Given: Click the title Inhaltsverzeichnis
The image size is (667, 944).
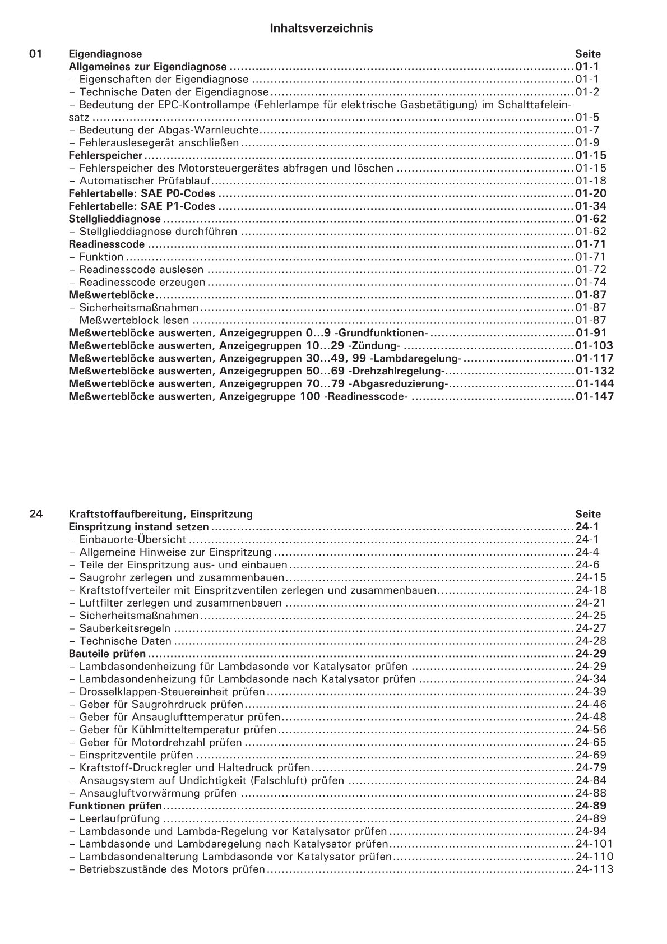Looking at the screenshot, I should [x=321, y=28].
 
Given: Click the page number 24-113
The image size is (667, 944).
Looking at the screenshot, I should [x=594, y=869].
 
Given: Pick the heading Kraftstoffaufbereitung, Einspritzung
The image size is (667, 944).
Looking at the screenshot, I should [x=160, y=514].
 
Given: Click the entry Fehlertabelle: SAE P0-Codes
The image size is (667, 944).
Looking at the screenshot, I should [x=142, y=194].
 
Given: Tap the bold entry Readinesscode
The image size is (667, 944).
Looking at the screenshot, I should [x=106, y=244].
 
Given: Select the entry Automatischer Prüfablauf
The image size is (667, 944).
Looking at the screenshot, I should [x=146, y=181].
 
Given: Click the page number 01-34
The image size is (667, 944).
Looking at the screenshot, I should [x=591, y=206].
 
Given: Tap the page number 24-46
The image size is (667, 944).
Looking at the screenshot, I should [x=591, y=705].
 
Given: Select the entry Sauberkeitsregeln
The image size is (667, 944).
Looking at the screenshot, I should [x=124, y=628].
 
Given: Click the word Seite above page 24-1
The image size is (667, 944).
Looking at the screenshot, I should [x=588, y=514].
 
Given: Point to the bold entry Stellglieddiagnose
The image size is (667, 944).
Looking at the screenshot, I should [x=114, y=219].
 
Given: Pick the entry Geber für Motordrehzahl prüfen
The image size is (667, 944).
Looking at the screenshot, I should [x=160, y=743].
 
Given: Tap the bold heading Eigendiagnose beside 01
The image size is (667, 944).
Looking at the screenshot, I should [x=105, y=54].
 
